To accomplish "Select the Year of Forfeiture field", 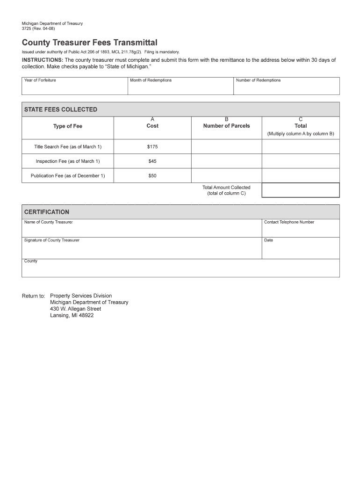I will click(74, 87).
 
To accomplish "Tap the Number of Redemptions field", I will click(286, 87).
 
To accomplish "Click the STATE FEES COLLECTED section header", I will click(61, 109).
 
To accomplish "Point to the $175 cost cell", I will click(152, 147).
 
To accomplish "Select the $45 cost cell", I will click(152, 161).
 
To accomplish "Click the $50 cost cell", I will click(152, 176).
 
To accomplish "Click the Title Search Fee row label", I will click(68, 147).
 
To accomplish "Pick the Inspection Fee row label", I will click(68, 161).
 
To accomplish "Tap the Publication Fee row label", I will click(68, 176).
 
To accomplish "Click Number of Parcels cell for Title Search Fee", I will click(226, 147).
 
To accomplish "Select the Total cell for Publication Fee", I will click(300, 176).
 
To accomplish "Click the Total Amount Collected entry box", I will click(300, 190).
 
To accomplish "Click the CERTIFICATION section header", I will click(47, 212).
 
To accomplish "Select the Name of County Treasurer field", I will click(142, 229).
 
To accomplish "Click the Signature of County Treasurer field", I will click(142, 249).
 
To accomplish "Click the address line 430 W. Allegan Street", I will click(75, 309).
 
